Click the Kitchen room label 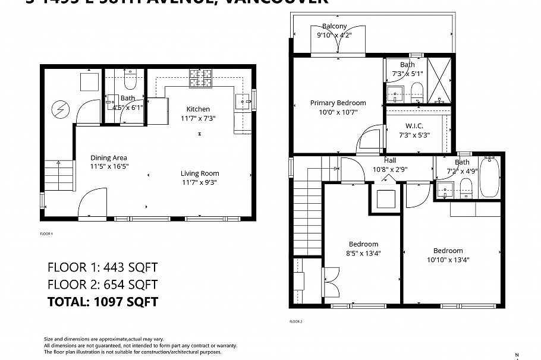point(198,109)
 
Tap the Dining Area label point(109,157)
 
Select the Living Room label point(200,173)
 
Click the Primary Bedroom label point(338,103)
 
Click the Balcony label point(334,26)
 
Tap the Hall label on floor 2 point(389,160)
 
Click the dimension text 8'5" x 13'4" point(363,253)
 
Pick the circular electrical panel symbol point(59,109)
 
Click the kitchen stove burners point(201,78)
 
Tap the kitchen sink point(243,100)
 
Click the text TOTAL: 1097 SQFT point(102,302)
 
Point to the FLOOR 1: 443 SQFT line point(102,267)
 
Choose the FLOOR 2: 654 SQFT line point(102,285)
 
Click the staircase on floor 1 point(58,175)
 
